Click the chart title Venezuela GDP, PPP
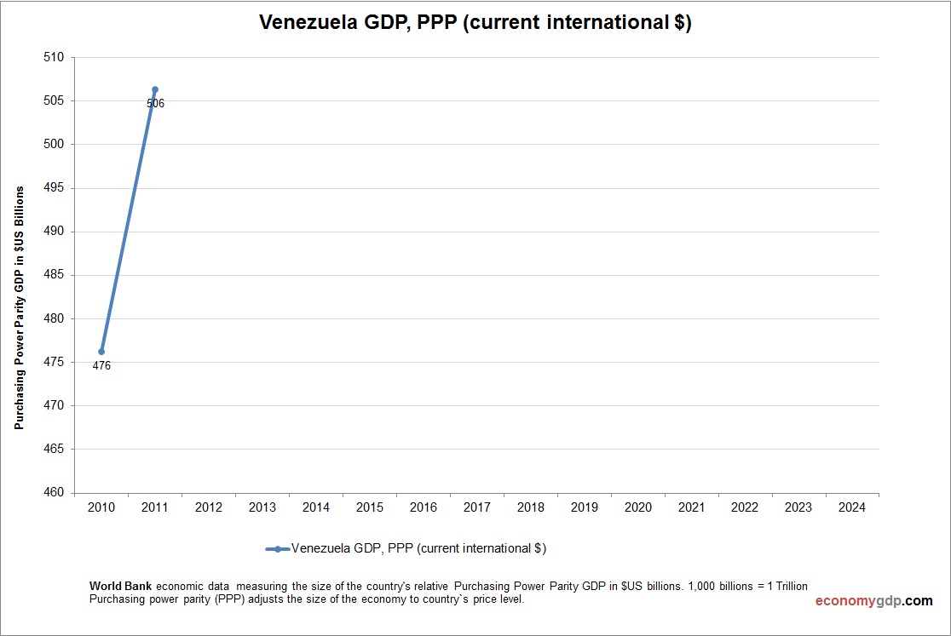(475, 24)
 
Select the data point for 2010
(101, 352)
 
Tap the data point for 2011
(155, 89)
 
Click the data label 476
(101, 366)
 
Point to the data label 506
(155, 104)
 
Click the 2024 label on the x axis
(851, 507)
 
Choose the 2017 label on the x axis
(476, 507)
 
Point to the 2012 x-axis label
(209, 507)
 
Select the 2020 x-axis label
(637, 507)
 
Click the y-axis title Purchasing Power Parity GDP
(19, 307)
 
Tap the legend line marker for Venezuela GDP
(278, 549)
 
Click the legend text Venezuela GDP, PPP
(418, 549)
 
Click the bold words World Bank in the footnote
(121, 587)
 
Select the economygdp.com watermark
(873, 601)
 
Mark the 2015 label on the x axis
(369, 507)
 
